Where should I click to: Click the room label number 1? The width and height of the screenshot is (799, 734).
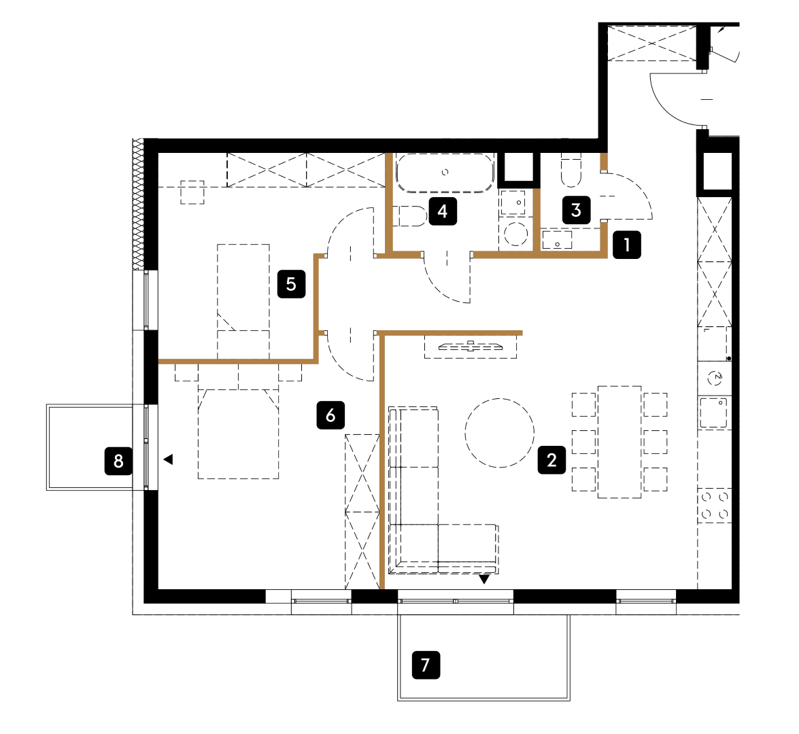(627, 245)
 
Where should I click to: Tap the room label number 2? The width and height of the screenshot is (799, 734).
(552, 460)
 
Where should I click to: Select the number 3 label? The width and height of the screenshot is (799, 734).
(577, 210)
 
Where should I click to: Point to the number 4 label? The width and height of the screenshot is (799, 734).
(443, 211)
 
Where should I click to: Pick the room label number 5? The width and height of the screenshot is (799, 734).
(292, 283)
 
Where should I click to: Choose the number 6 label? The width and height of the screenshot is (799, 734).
(330, 415)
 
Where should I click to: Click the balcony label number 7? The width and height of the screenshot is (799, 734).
(426, 665)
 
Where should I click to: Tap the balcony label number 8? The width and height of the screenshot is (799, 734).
(118, 461)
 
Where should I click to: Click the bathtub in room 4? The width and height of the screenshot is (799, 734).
(445, 173)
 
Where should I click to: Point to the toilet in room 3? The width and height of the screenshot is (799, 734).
(571, 170)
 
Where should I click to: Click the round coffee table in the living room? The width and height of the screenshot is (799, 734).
(499, 433)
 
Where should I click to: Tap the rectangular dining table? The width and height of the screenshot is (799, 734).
(619, 442)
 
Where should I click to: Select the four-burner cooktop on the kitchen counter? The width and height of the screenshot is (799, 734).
(715, 505)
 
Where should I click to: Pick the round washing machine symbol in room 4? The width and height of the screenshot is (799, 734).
(515, 234)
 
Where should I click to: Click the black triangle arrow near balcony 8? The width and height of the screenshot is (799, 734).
(168, 459)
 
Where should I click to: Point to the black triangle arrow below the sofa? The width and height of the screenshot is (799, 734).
(484, 579)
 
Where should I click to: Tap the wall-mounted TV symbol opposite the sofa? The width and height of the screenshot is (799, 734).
(471, 347)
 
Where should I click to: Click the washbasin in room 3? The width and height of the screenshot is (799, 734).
(557, 240)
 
